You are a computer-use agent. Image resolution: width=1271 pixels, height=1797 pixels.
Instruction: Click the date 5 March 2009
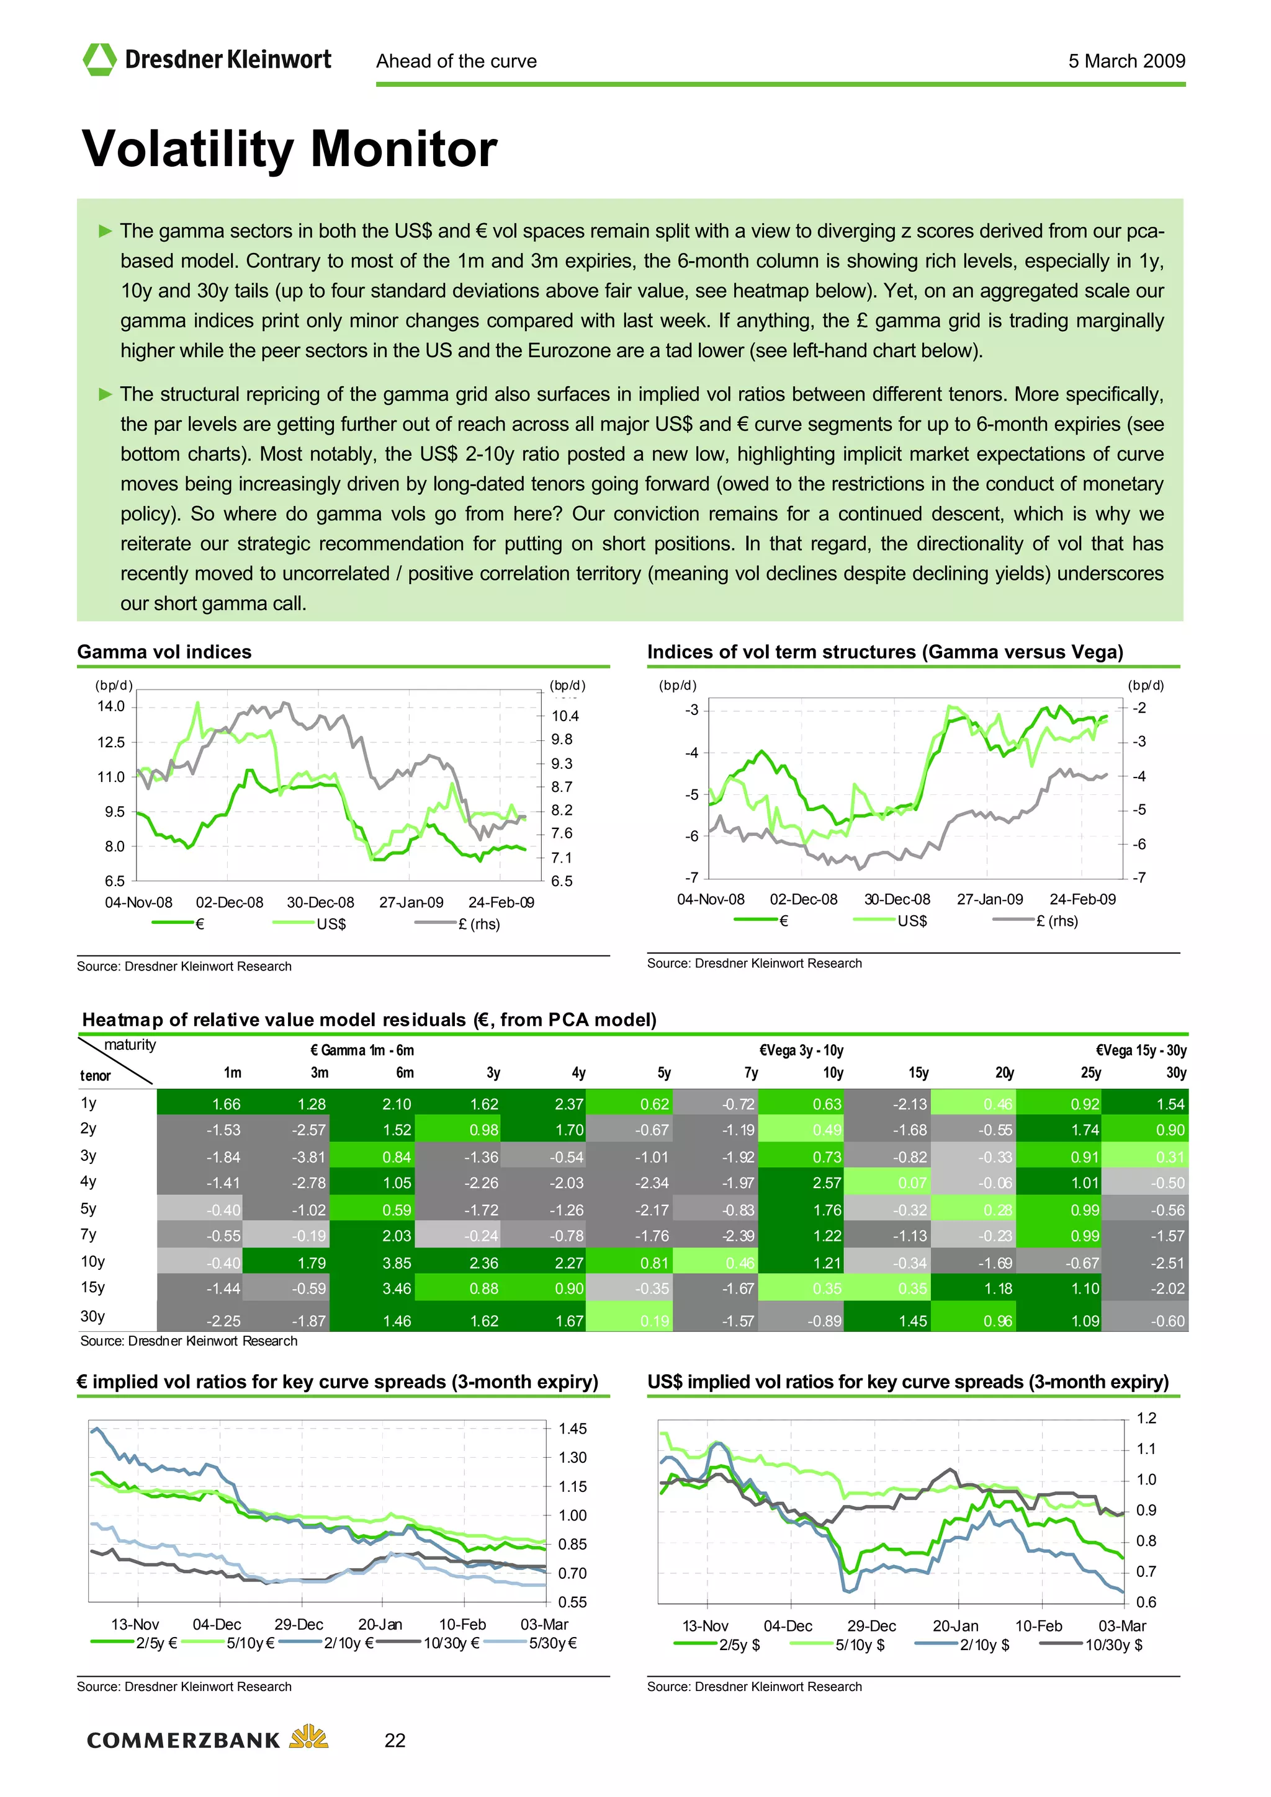click(x=1126, y=61)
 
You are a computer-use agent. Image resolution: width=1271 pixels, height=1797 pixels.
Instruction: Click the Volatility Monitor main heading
click(x=289, y=148)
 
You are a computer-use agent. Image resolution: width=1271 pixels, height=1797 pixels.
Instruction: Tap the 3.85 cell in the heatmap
click(x=397, y=1262)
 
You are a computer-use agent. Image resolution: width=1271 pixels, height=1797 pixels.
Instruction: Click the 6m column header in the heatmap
click(x=404, y=1072)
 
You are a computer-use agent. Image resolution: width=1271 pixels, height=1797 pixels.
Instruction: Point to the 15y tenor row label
click(x=92, y=1287)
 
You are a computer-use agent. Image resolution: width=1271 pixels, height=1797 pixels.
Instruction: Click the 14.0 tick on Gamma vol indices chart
click(x=110, y=706)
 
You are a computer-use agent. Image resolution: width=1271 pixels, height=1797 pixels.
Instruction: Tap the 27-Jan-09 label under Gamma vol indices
click(x=411, y=902)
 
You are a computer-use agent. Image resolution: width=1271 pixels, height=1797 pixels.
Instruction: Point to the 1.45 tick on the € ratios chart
click(x=572, y=1429)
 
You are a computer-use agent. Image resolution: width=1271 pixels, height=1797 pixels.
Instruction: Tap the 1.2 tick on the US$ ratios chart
click(x=1146, y=1418)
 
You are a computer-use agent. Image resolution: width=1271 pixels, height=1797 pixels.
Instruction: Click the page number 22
click(x=395, y=1740)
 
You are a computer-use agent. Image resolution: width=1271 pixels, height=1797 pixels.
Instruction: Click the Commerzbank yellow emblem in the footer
click(x=308, y=1737)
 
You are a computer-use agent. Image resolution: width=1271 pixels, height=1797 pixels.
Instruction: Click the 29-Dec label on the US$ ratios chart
click(x=871, y=1626)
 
